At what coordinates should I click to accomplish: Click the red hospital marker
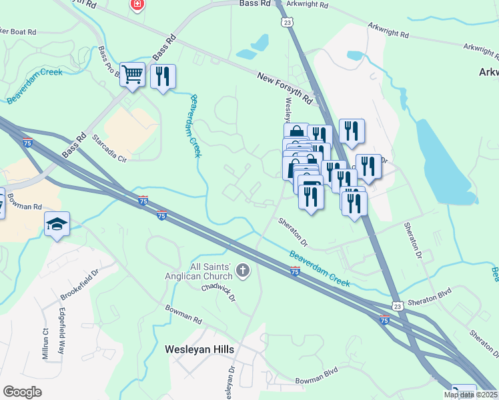(137, 5)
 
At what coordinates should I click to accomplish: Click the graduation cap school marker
(57, 225)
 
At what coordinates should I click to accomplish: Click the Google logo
(22, 392)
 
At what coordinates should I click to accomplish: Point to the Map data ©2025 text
(471, 395)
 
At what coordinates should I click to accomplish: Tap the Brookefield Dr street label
(79, 282)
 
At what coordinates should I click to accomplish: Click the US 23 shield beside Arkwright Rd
(287, 22)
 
